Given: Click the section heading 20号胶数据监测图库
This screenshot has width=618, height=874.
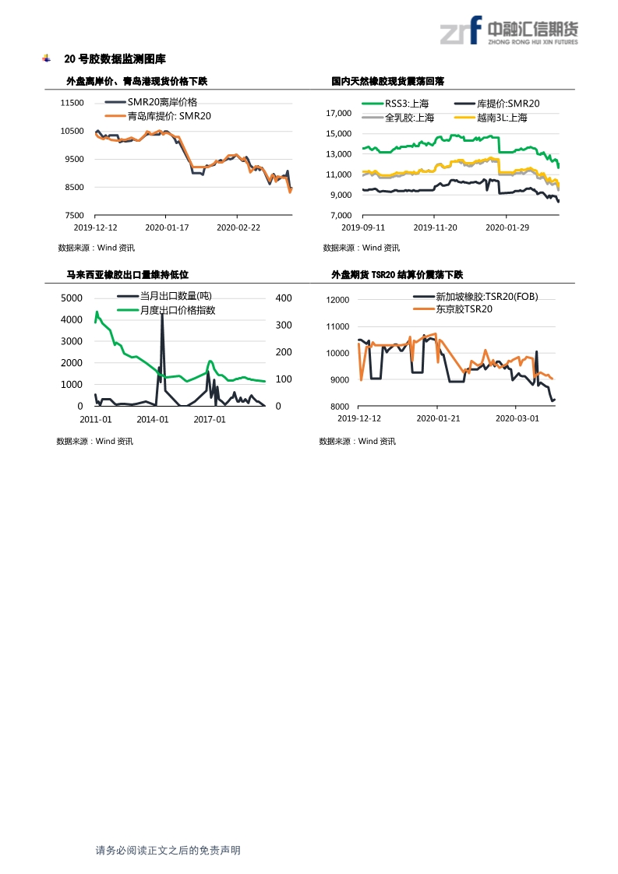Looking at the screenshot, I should tap(115, 59).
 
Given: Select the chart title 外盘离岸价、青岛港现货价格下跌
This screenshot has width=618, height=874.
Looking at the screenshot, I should tap(137, 81).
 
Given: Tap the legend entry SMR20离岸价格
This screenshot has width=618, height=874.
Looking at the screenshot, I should tap(162, 103).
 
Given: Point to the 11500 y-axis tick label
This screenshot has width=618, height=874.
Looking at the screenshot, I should tap(72, 103).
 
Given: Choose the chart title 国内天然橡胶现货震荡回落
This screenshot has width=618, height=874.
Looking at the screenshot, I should tap(387, 81).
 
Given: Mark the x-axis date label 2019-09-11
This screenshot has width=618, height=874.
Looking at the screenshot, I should tap(364, 227).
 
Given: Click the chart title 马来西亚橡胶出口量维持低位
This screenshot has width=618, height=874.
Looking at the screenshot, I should tap(128, 274).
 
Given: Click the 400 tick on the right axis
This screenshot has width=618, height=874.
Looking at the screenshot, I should tap(284, 298).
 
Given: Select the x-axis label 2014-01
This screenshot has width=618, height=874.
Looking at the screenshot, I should tap(153, 418).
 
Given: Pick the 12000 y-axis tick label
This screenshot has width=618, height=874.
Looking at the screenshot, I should tap(337, 300).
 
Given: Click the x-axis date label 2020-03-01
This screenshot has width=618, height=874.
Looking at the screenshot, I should tap(517, 418).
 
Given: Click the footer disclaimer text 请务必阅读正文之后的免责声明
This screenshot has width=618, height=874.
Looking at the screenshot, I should tap(168, 851).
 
